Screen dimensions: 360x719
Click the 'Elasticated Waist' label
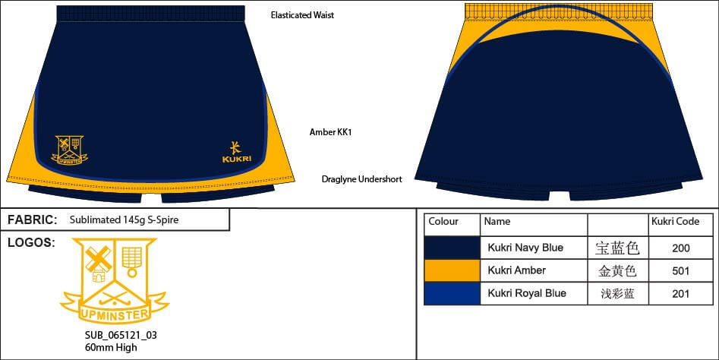coord(302,15)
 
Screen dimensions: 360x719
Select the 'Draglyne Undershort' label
coord(361,179)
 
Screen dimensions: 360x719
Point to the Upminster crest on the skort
coord(70,150)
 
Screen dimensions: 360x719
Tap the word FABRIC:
coord(33,220)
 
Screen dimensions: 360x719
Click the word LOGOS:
coord(30,243)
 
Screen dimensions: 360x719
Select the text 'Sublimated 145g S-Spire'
coord(125,220)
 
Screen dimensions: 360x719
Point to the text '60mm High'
coord(111,347)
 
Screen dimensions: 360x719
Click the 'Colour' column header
coord(443,223)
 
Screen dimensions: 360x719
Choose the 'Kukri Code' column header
coord(675,223)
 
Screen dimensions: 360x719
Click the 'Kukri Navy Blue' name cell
coord(525,248)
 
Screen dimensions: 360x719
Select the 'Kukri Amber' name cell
coord(517,270)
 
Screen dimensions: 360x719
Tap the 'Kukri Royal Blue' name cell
coord(528,293)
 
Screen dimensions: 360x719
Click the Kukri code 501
coord(680,270)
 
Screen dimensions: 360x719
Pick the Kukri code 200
coord(680,248)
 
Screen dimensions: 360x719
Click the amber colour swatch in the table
coord(452,270)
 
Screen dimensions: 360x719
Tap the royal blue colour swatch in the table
coord(452,293)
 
